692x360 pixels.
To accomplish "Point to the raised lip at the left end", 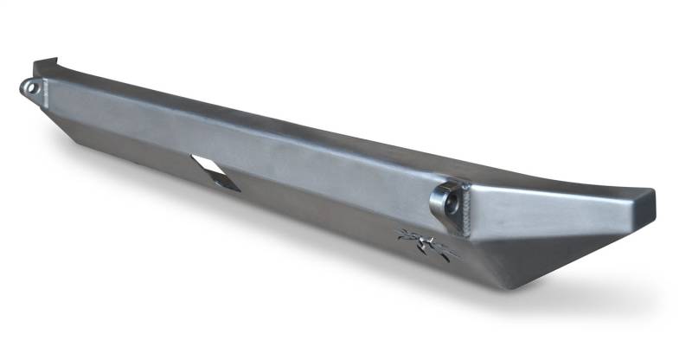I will click(48, 67).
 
